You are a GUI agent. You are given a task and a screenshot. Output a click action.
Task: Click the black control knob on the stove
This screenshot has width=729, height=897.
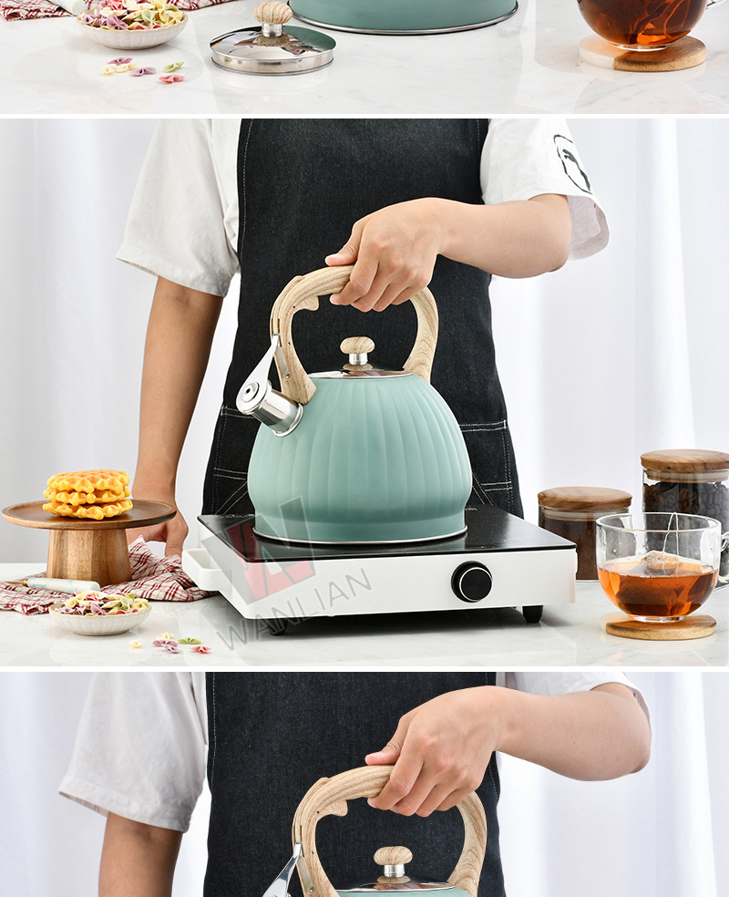(x=472, y=582)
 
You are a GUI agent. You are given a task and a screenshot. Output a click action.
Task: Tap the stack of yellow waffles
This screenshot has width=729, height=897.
(x=88, y=494)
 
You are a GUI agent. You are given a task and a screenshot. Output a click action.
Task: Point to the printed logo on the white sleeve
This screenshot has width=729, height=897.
(x=571, y=163)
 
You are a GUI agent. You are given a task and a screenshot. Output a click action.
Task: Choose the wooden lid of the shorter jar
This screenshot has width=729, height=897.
(x=584, y=499)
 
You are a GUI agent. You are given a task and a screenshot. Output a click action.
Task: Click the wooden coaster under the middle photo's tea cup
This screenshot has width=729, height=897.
(x=661, y=626)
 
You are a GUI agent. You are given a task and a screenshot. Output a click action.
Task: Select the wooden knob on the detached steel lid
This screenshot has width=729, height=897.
(x=272, y=14)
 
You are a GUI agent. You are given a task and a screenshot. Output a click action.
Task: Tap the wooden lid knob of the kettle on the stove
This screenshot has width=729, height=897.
(x=357, y=345)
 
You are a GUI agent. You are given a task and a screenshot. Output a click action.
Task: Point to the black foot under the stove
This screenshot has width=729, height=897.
(x=532, y=613)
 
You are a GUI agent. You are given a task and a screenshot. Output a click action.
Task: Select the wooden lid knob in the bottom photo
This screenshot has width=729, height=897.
(x=393, y=857)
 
